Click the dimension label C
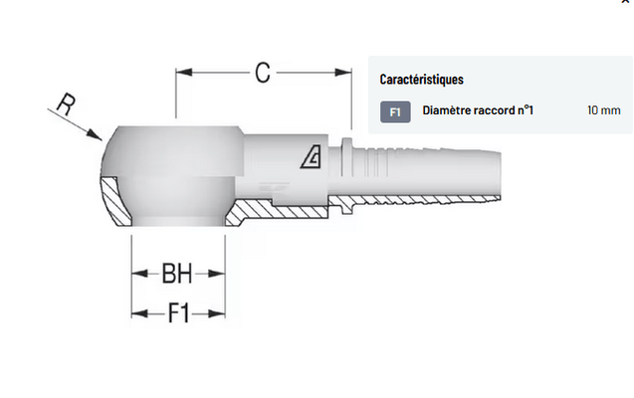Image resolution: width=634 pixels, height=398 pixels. (x=263, y=74)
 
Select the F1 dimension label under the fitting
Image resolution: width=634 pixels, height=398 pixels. (x=178, y=314)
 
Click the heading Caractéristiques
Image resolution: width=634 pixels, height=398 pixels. (x=421, y=79)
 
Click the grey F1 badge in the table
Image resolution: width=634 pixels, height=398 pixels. (x=395, y=111)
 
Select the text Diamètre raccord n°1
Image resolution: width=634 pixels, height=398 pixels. (x=478, y=111)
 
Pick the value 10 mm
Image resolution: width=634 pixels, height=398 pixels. (x=603, y=111)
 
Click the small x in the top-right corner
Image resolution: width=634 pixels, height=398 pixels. (x=624, y=5)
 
